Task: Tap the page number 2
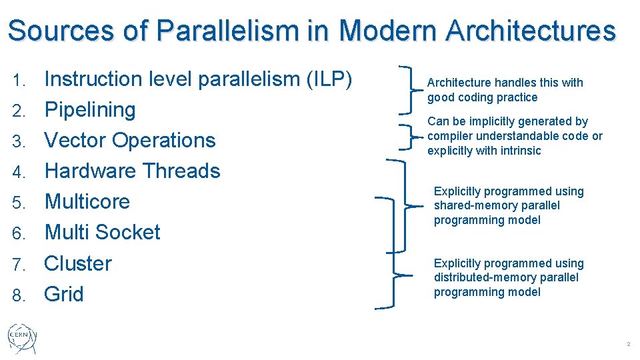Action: [x=627, y=344]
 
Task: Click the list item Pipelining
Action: [x=89, y=110]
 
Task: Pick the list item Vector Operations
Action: [x=129, y=141]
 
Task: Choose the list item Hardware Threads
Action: [x=131, y=171]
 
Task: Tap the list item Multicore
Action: [x=87, y=202]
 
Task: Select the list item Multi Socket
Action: [x=102, y=233]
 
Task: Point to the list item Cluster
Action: [x=77, y=263]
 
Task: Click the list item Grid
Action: [x=63, y=294]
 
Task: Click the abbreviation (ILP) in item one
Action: [x=327, y=79]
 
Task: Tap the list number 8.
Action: [x=19, y=295]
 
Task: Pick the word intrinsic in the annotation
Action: [x=518, y=151]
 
